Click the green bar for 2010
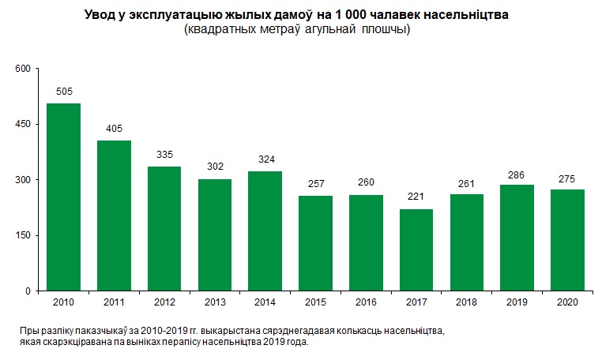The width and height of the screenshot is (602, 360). (63, 197)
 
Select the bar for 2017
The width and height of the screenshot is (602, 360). (416, 249)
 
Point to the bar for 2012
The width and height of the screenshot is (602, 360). (164, 229)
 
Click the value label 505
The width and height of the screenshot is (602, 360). (63, 92)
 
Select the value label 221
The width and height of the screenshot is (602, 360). (416, 197)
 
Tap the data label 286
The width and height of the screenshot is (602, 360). (517, 173)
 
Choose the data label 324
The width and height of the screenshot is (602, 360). (265, 159)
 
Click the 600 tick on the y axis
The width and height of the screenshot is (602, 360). (22, 69)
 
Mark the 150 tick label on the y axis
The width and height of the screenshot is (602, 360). (22, 235)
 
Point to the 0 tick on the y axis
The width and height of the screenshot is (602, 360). (27, 291)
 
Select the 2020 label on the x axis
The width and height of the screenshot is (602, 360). (567, 302)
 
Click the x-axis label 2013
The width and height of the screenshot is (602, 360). (214, 302)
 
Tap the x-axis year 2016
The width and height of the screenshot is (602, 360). (365, 302)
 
